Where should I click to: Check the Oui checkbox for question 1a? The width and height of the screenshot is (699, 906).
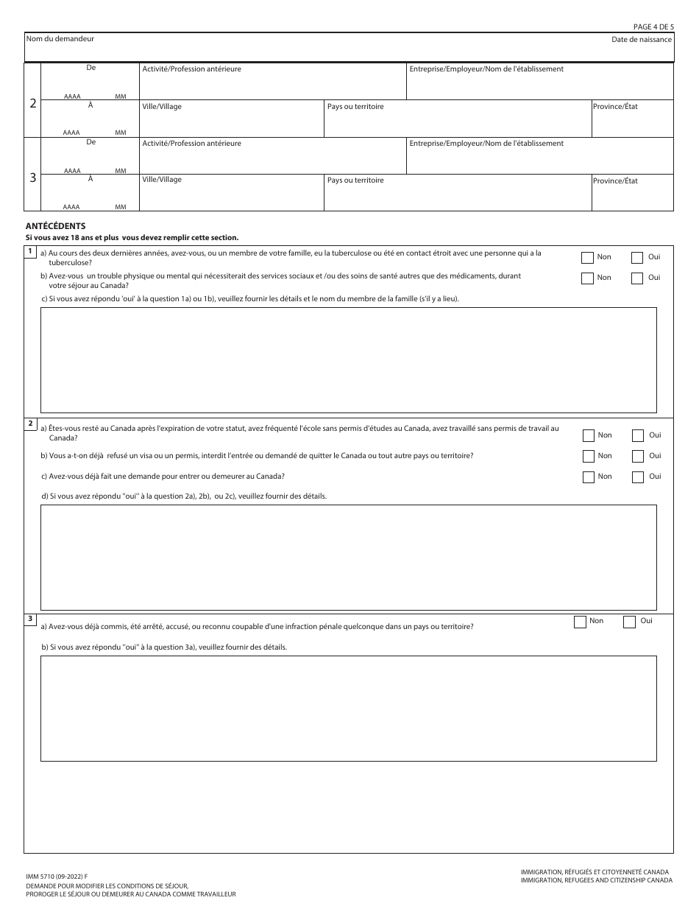(637, 258)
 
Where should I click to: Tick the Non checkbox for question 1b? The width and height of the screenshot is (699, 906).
(587, 278)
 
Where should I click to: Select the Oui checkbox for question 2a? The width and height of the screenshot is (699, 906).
(638, 435)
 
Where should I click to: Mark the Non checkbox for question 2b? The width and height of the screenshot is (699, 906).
(588, 456)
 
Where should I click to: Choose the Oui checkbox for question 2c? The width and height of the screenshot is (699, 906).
(638, 477)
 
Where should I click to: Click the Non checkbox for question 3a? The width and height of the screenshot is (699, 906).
(580, 622)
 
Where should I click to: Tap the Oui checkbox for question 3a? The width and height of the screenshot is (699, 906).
(629, 622)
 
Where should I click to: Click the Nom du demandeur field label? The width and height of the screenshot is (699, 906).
(60, 38)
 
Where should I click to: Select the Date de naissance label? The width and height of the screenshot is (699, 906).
(641, 39)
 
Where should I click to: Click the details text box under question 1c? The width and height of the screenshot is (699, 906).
(348, 359)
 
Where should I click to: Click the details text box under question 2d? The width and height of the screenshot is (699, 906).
(348, 552)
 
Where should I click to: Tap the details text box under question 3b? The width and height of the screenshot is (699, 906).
(348, 708)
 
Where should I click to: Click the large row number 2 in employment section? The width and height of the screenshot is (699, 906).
(32, 103)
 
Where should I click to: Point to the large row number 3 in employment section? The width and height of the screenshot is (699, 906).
(32, 178)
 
